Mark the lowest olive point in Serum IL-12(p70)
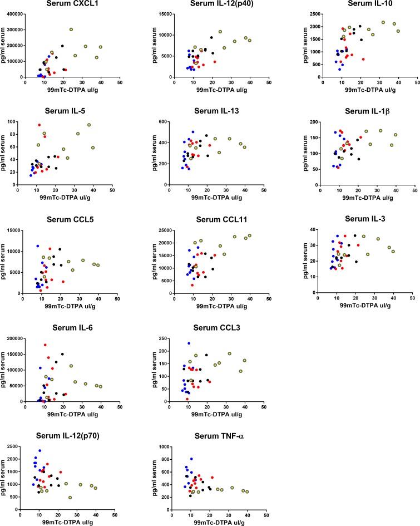click(70, 497)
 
